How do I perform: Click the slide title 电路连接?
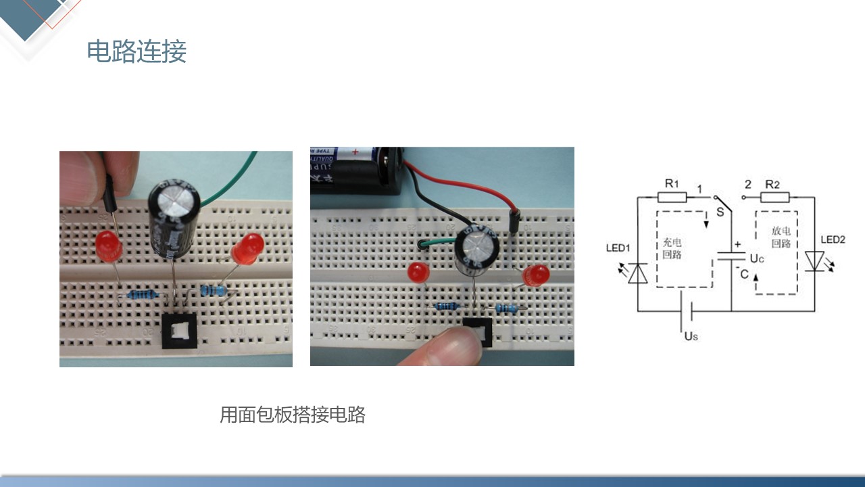137,52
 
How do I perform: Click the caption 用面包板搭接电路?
292,415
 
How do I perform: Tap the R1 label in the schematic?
671,183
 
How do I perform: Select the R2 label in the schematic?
772,183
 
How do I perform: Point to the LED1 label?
618,248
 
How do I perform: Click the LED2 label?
833,239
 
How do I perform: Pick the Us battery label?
690,335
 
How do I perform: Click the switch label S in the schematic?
719,211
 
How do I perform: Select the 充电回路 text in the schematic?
672,248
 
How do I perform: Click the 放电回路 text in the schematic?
781,237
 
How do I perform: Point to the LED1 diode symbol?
638,273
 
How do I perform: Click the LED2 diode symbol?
814,261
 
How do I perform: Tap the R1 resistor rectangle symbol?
672,197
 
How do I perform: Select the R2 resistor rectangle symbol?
774,197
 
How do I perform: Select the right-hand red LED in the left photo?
248,248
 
